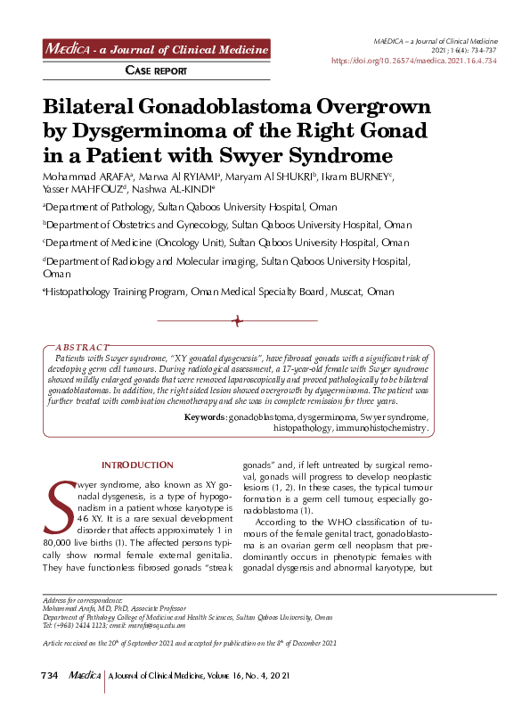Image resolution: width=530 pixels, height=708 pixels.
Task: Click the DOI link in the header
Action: click(414, 61)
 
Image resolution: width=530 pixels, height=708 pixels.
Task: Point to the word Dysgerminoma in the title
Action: click(152, 132)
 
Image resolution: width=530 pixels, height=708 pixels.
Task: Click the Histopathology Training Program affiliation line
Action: click(219, 292)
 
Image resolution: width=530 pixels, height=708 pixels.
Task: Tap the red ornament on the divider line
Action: click(237, 320)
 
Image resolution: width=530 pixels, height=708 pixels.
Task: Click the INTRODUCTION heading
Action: click(137, 465)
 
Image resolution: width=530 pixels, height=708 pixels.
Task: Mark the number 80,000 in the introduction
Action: click(59, 541)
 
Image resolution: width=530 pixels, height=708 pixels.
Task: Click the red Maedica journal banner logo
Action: click(157, 48)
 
